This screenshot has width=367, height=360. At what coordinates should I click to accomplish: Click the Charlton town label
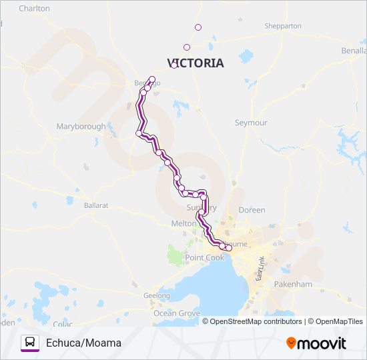[x=34, y=9]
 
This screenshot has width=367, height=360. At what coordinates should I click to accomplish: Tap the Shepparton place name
[x=283, y=26]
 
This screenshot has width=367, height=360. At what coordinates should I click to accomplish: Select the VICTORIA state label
[x=195, y=63]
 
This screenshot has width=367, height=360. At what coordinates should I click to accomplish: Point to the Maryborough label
[x=81, y=127]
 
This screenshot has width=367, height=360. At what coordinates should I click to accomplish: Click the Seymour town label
[x=251, y=123]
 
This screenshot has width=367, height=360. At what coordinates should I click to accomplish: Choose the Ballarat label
[x=96, y=206]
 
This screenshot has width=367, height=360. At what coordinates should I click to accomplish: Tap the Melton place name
[x=183, y=223]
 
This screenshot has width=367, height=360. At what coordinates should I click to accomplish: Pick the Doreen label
[x=252, y=210]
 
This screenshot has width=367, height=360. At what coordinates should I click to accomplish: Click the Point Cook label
[x=205, y=257]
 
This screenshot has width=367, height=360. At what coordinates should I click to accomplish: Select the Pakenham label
[x=292, y=284]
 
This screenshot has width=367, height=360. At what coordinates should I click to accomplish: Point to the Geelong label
[x=157, y=295]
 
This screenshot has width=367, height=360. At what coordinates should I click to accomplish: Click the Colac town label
[x=63, y=324]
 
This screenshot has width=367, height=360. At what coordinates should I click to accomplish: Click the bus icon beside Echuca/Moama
[x=30, y=343]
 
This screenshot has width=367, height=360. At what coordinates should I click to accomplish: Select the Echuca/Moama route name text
[x=83, y=343]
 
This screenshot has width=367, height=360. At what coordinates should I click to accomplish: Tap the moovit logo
[x=316, y=343]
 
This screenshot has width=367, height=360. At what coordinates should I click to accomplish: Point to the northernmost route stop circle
[x=198, y=27]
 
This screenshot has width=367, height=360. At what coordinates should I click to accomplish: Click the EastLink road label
[x=261, y=267]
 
